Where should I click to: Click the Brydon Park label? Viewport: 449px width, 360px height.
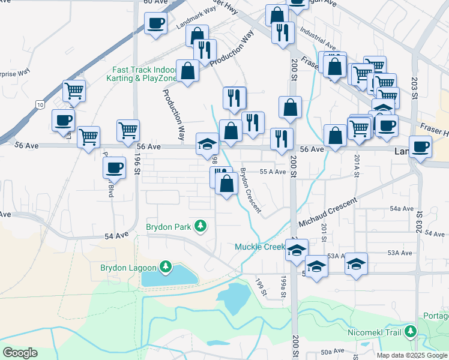[x=168, y=227]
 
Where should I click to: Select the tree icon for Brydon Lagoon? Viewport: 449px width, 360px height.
[x=166, y=266]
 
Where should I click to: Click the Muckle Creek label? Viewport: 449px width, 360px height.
[x=259, y=247]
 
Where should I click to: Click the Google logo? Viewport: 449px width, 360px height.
[x=20, y=353]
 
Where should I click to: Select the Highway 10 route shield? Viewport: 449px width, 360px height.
[x=40, y=105]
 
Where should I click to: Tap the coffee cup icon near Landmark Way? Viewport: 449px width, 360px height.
[x=155, y=23]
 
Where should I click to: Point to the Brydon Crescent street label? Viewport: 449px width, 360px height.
[x=250, y=190]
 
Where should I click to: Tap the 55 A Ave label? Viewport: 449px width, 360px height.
[x=272, y=172]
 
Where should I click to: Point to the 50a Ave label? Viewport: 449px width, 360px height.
[x=333, y=350]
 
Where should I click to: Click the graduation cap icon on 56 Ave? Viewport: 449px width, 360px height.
[x=207, y=143]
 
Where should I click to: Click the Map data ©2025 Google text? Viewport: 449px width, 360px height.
[x=411, y=355]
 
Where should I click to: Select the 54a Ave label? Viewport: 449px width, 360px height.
[x=402, y=209]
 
